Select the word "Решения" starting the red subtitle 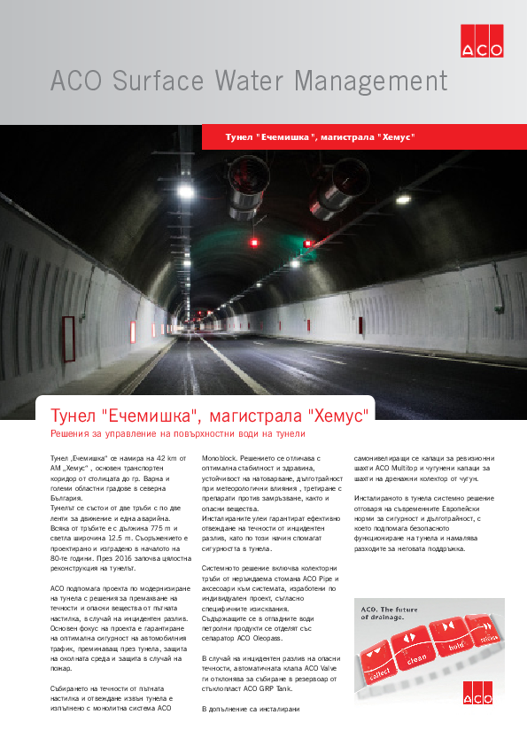coord(75,434)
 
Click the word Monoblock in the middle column coord(221,458)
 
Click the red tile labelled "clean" coord(415,653)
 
